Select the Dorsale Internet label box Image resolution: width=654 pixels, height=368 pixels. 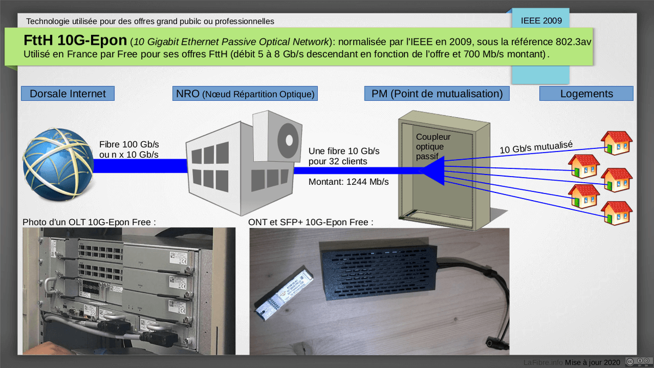pyautogui.click(x=68, y=94)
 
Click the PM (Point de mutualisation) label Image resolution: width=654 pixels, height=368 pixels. pyautogui.click(x=437, y=94)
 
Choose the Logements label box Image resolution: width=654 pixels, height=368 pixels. pyautogui.click(x=586, y=94)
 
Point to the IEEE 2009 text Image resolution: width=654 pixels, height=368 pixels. pyautogui.click(x=541, y=21)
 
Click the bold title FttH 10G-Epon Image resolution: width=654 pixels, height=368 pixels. pyautogui.click(x=75, y=41)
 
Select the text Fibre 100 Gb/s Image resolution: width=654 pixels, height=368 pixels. pyautogui.click(x=129, y=144)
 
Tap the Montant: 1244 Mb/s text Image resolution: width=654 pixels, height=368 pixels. pyautogui.click(x=349, y=182)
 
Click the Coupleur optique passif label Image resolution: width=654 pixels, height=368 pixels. pyautogui.click(x=431, y=147)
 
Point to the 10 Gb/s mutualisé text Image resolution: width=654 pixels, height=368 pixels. pyautogui.click(x=536, y=146)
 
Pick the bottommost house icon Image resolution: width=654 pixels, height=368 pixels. pyautogui.click(x=616, y=213)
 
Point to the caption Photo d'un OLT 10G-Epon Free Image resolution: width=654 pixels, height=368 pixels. pyautogui.click(x=89, y=222)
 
